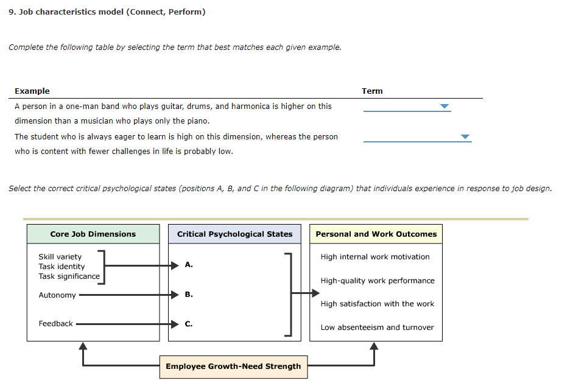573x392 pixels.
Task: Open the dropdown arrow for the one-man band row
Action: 445,107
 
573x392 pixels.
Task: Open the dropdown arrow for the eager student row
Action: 465,137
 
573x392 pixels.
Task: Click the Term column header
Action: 372,91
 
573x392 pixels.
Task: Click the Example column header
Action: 32,91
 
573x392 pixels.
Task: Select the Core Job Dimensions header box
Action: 93,234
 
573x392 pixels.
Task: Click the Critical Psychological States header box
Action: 234,234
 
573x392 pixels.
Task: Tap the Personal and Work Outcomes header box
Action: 376,234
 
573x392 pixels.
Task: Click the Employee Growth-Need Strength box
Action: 233,366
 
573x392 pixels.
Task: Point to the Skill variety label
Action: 60,257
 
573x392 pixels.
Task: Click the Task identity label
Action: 62,267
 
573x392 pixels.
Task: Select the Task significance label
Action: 69,276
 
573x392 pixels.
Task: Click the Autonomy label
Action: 57,295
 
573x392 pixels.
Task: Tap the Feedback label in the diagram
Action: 55,324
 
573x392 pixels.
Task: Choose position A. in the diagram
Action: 189,265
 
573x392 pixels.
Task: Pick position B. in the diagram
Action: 189,295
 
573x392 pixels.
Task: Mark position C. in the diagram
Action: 189,324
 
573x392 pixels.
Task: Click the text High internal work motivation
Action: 375,257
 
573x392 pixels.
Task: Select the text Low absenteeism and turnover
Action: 377,327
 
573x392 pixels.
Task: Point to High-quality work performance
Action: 378,281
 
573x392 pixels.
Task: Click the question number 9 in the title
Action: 12,12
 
